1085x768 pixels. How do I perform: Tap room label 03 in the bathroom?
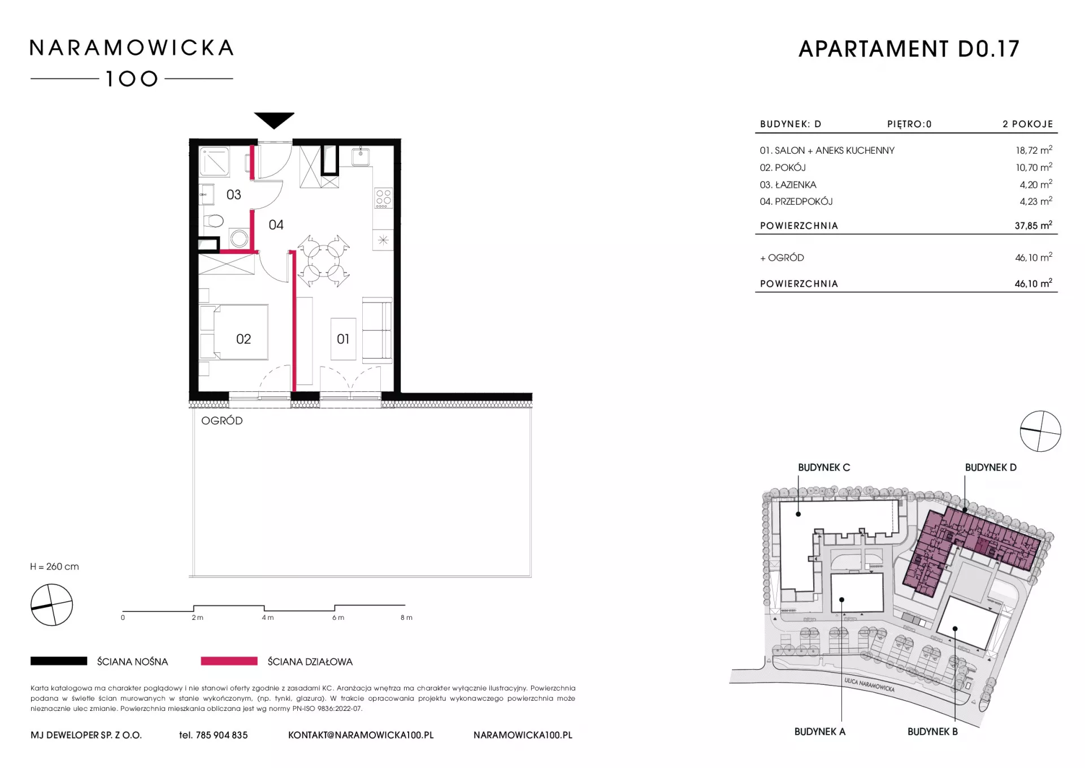tap(233, 195)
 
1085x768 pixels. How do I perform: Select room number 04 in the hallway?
tap(276, 225)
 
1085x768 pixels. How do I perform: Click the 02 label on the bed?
tap(243, 339)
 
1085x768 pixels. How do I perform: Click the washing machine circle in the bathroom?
tap(239, 238)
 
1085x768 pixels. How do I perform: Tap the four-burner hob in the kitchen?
tap(383, 198)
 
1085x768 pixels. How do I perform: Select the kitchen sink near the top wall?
tap(361, 156)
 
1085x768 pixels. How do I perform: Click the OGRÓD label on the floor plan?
tap(222, 421)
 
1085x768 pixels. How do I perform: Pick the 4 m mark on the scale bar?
tap(267, 618)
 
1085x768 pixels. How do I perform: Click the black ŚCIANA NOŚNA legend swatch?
tap(59, 661)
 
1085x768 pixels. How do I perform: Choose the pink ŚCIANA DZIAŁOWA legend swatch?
tap(229, 661)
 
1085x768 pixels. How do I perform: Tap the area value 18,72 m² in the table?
tap(1034, 150)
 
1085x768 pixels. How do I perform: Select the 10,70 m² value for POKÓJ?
tap(1034, 167)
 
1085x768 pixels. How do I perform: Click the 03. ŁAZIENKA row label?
tap(788, 185)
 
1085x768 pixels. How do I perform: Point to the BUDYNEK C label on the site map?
tap(823, 468)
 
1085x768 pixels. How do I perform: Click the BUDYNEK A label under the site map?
tap(819, 732)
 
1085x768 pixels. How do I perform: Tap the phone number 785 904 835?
tap(222, 735)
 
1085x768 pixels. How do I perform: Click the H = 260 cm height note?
tap(54, 567)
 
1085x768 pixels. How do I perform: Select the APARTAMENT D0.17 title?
tap(909, 49)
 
